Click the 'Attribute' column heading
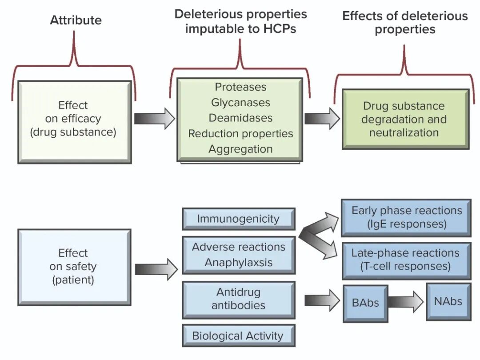[76, 20]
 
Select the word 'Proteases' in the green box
[240, 87]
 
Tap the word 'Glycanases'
[240, 103]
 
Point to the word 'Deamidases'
[240, 118]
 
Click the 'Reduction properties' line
[240, 133]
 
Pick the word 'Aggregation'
[240, 149]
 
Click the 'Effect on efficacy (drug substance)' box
[75, 122]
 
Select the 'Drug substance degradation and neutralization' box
[406, 119]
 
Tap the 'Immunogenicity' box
[239, 219]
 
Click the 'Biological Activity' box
[239, 336]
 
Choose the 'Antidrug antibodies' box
[239, 300]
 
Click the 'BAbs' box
[365, 304]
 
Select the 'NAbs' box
[448, 302]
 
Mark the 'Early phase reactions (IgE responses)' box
[406, 218]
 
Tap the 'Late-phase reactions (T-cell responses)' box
[406, 261]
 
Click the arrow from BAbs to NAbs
[406, 302]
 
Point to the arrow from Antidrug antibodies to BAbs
[322, 300]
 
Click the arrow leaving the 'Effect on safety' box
[156, 269]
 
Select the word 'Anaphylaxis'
[239, 263]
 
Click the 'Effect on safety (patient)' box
[74, 267]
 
